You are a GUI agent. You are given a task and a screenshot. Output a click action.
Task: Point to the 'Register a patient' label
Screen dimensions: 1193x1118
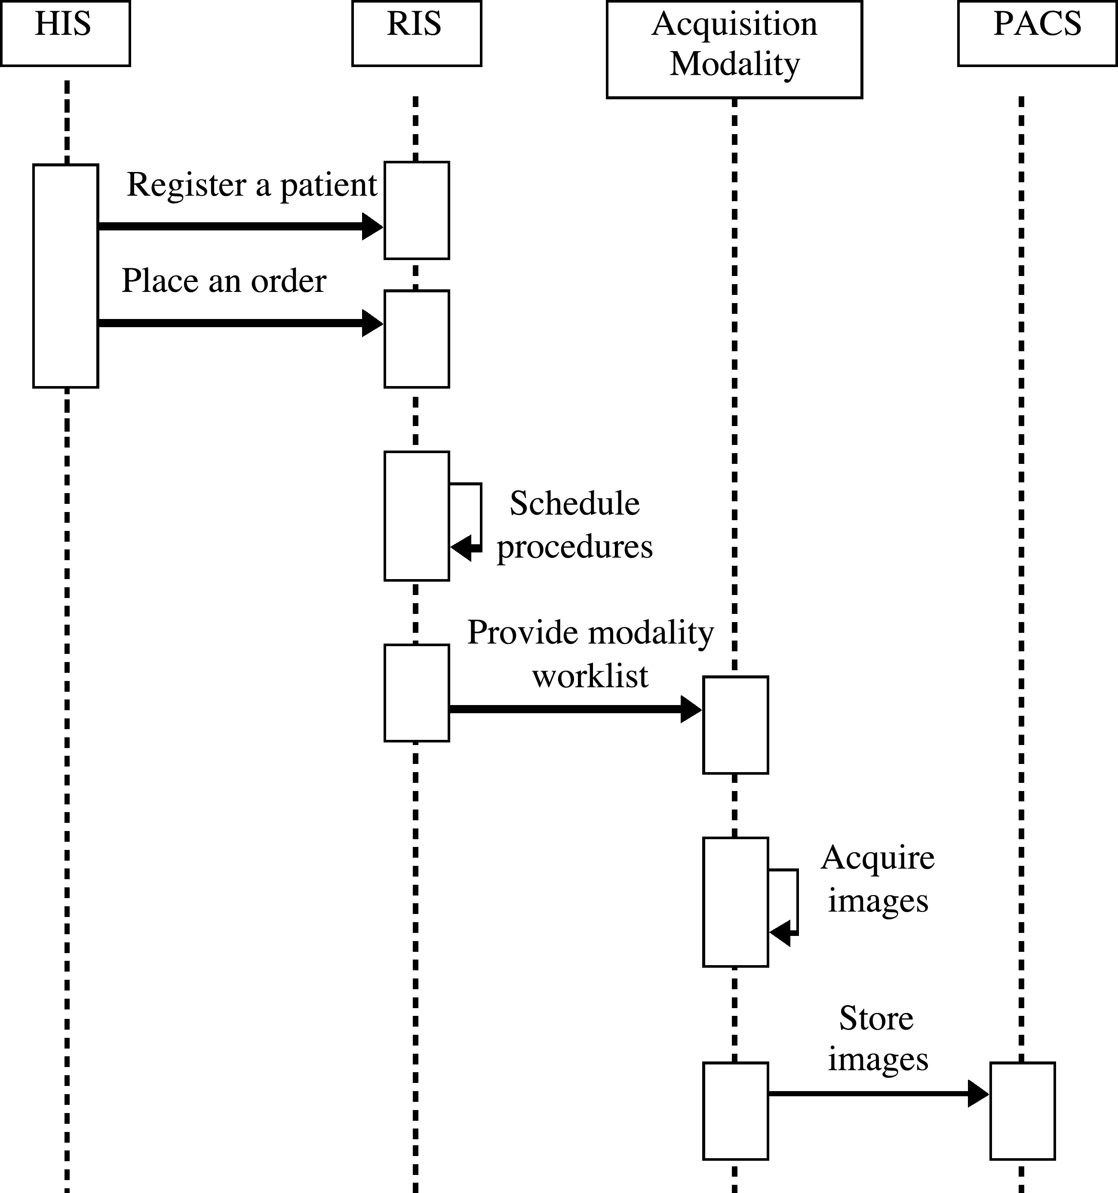(252, 185)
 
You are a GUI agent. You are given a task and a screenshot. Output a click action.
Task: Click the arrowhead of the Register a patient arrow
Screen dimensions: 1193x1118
(373, 226)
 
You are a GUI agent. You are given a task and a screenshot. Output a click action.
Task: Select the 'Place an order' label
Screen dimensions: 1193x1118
(224, 281)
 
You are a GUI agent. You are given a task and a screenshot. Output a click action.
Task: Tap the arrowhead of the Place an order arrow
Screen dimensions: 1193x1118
(373, 323)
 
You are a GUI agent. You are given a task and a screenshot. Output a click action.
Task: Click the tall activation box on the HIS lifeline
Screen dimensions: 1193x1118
(65, 276)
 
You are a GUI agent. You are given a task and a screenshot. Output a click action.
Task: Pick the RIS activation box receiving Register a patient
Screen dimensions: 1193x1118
(417, 210)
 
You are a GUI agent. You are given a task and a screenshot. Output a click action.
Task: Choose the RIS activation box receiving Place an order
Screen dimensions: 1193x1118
(417, 339)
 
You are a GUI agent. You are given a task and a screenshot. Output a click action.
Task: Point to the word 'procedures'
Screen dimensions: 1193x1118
(574, 547)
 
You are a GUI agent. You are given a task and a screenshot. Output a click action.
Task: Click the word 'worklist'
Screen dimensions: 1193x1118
(590, 676)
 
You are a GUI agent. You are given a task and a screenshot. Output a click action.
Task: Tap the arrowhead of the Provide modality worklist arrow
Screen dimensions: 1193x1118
(691, 709)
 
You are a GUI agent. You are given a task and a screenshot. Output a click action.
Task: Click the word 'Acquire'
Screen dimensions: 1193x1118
(877, 858)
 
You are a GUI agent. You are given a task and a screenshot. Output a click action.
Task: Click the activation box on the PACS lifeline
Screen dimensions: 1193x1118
(1022, 1111)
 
